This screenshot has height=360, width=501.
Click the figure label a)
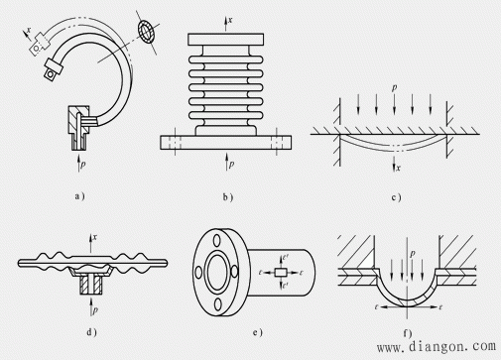(x=79, y=196)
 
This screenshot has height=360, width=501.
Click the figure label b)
(x=228, y=197)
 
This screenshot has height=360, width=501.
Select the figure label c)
(x=396, y=197)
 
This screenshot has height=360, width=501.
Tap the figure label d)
(x=91, y=332)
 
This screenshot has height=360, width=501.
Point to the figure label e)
(x=258, y=332)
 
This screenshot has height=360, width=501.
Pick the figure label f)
(x=408, y=333)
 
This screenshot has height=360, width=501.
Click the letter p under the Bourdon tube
(x=82, y=164)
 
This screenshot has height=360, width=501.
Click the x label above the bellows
(x=230, y=20)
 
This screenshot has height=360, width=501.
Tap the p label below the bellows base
(x=232, y=164)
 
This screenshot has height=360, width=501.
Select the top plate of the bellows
(x=226, y=40)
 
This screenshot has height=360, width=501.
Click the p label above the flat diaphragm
(x=394, y=87)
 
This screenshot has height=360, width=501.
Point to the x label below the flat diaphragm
(x=398, y=168)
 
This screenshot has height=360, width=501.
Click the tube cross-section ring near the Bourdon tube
(x=146, y=31)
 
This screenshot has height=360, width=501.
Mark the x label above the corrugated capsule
(x=95, y=237)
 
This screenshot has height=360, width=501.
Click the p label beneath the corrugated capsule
(x=95, y=309)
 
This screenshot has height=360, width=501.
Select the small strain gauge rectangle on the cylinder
(x=281, y=273)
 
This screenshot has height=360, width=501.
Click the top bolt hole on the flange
(x=216, y=240)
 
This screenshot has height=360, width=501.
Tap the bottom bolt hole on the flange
(x=217, y=304)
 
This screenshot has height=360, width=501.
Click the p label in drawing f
(x=412, y=254)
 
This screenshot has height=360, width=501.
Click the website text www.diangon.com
(x=437, y=346)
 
